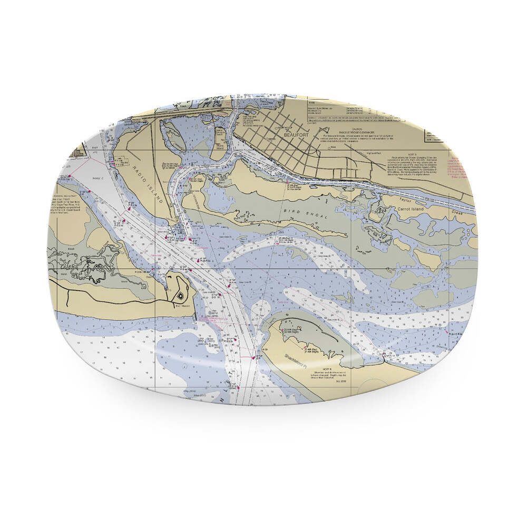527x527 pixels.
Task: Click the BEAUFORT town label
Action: pyautogui.click(x=295, y=134)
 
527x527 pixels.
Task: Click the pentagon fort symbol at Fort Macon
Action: pyautogui.click(x=181, y=295)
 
